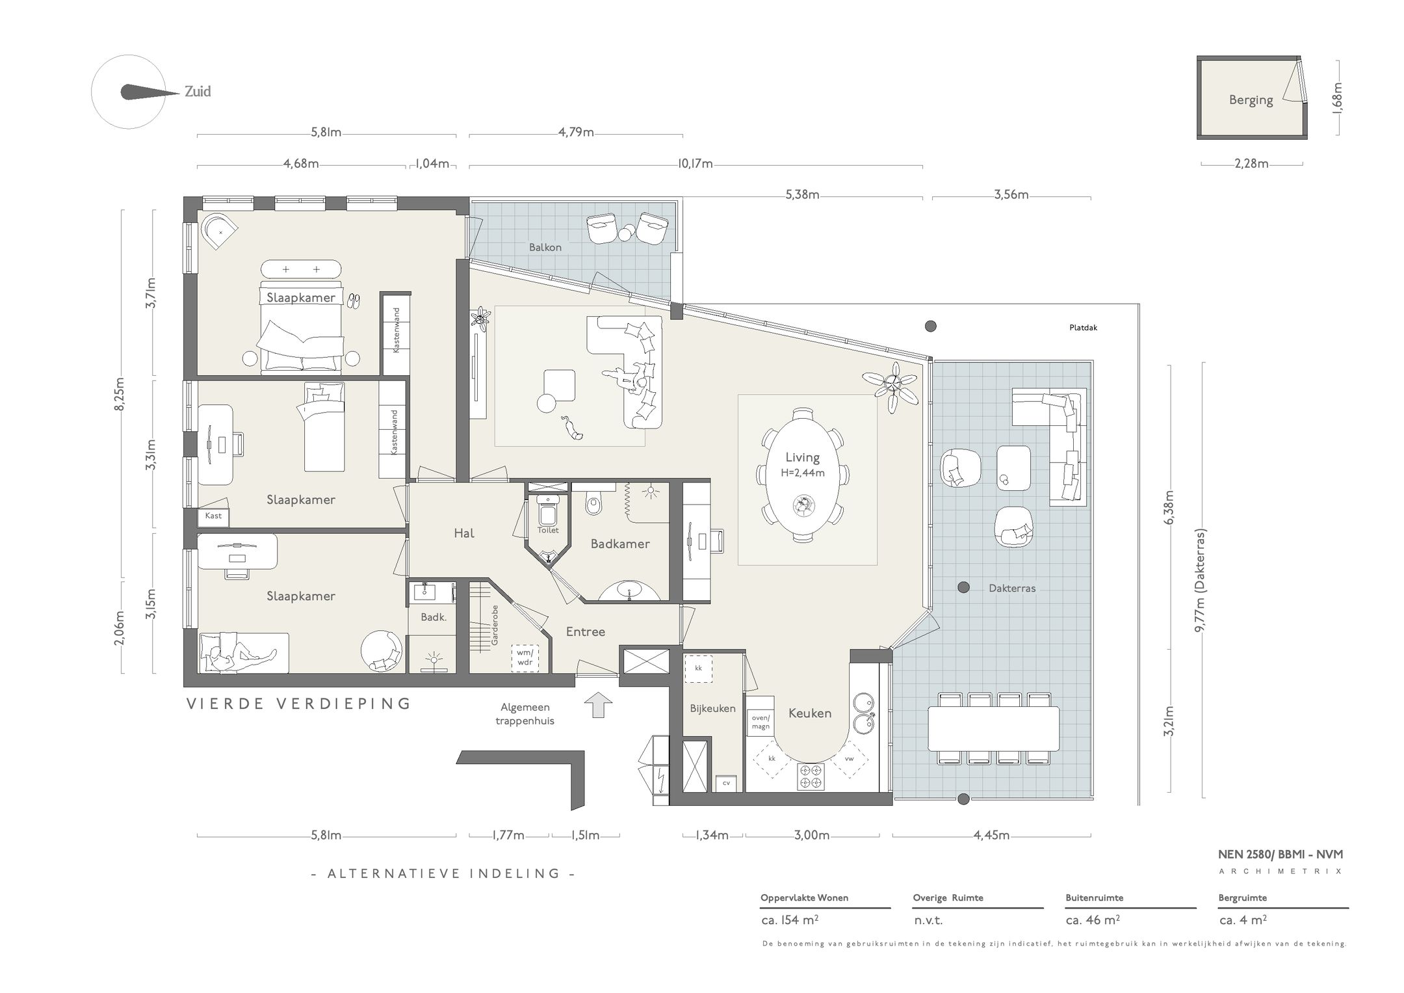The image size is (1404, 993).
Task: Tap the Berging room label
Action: tap(1251, 100)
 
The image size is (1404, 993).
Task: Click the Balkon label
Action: tap(545, 247)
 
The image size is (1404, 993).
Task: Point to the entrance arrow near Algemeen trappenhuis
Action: tap(599, 705)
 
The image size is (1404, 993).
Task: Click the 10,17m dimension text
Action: tap(695, 164)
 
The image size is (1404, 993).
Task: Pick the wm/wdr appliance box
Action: tap(525, 657)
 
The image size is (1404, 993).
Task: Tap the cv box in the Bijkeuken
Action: tap(726, 784)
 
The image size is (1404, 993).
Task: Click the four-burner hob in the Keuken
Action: tap(811, 776)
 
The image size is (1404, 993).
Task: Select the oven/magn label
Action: tap(760, 722)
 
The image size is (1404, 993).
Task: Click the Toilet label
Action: tap(548, 530)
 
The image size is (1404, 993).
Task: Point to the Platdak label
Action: tap(1083, 328)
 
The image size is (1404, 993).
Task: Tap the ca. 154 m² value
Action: tap(790, 920)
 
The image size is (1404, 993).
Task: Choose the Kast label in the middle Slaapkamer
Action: tap(213, 516)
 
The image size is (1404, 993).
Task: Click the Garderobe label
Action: tap(495, 625)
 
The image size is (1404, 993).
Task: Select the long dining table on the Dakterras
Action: tap(993, 728)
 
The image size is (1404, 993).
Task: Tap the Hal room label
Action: tap(464, 533)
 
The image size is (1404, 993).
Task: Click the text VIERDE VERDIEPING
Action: tap(299, 704)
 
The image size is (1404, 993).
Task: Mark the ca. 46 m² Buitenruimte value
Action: tap(1092, 920)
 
